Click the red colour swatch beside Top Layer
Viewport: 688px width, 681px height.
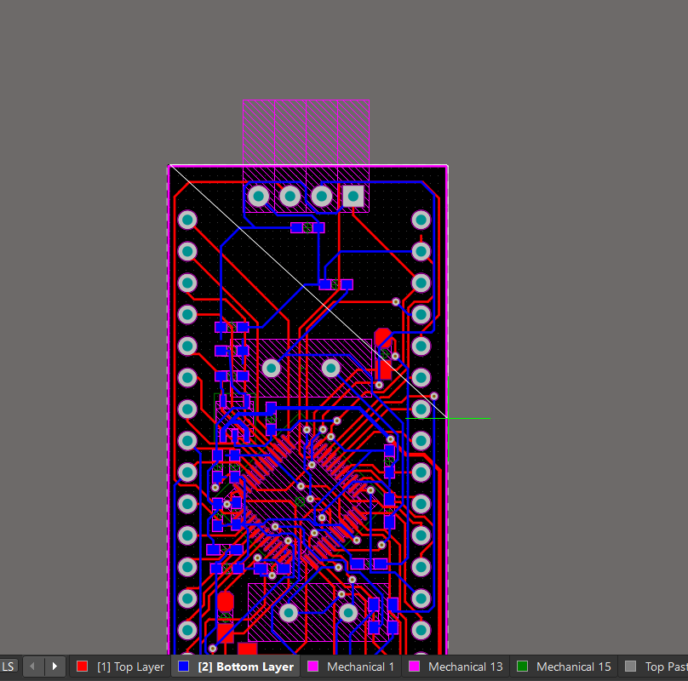82,667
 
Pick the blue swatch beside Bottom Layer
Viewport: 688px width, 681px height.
183,667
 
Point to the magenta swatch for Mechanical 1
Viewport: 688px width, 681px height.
312,667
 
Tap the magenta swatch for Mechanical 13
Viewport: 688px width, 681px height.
414,667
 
